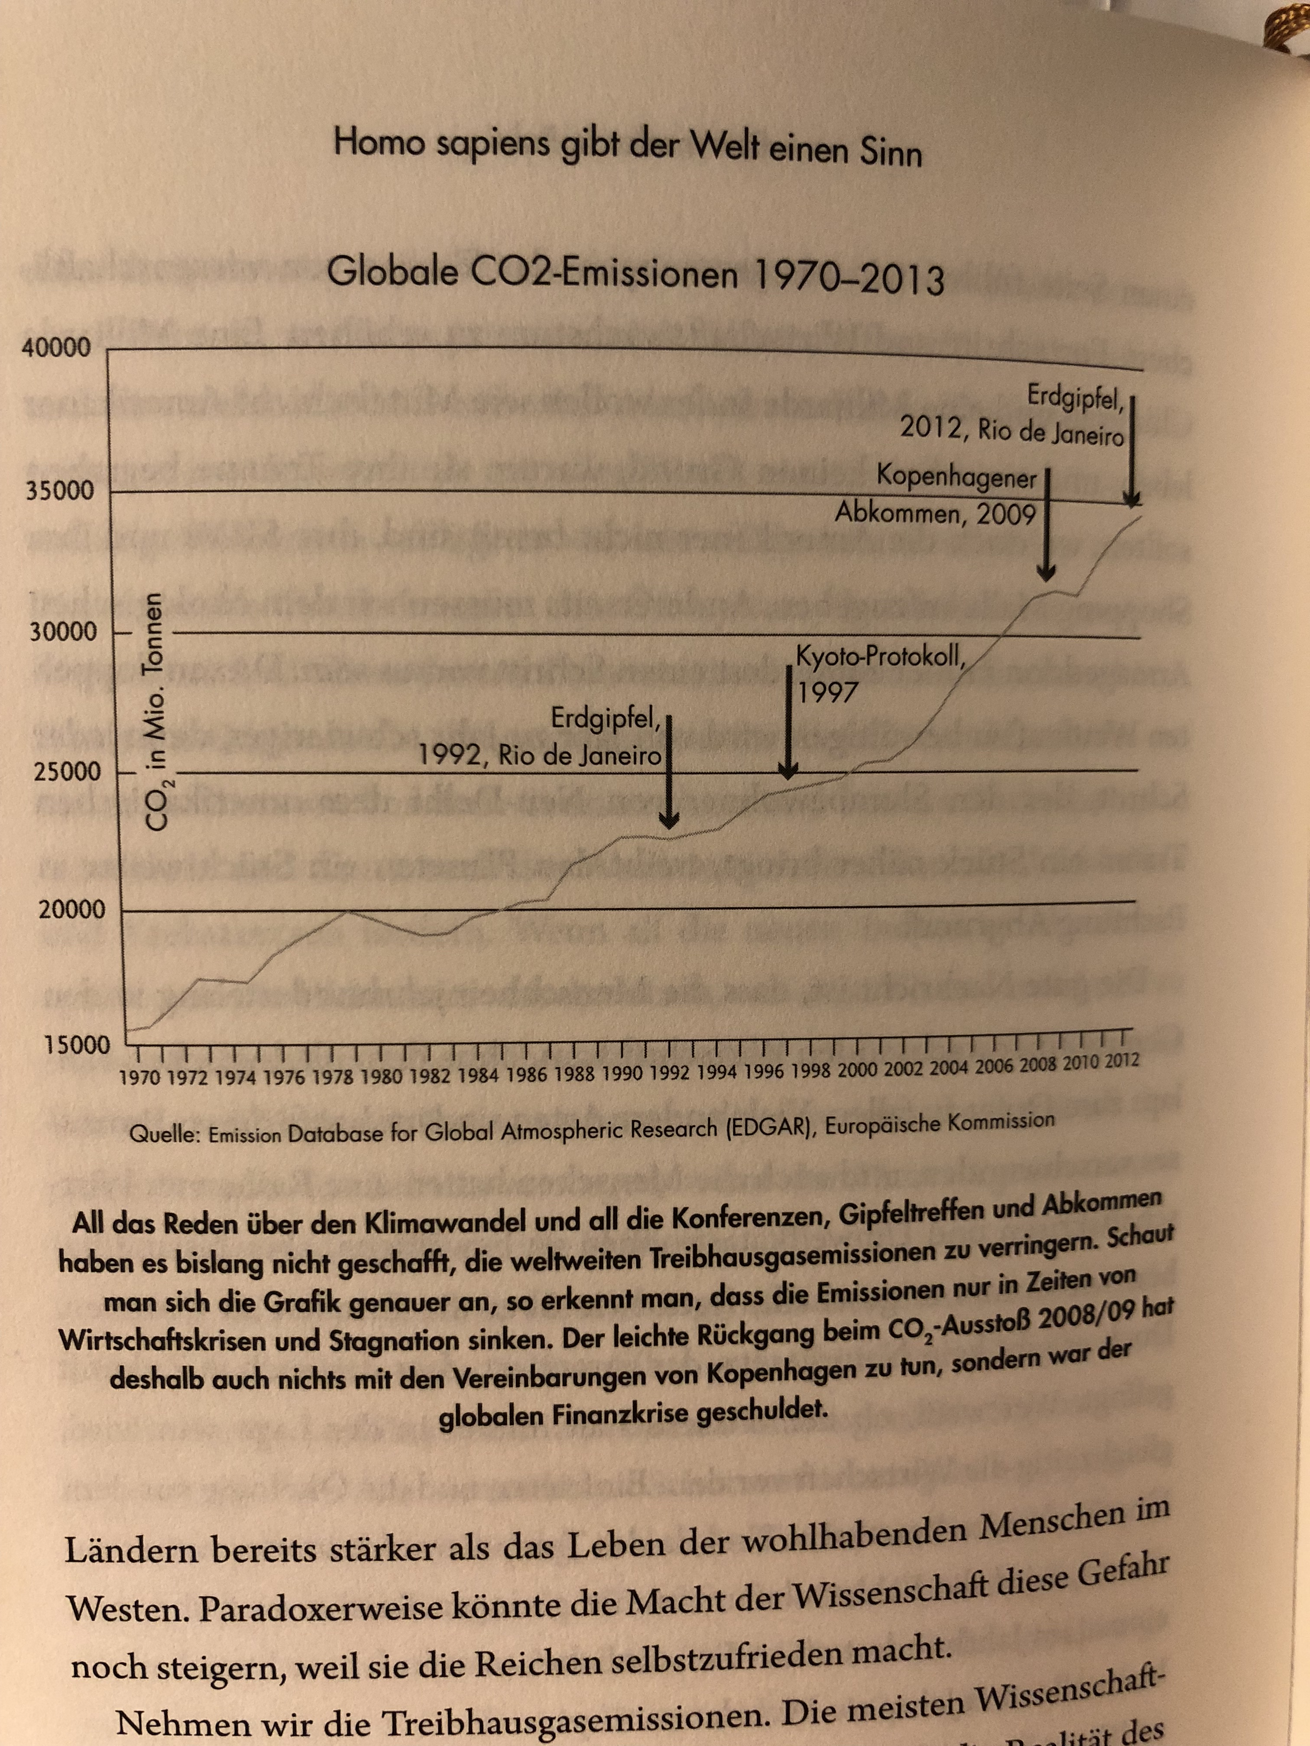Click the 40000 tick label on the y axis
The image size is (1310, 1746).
(x=57, y=348)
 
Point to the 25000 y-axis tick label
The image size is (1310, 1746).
(x=68, y=771)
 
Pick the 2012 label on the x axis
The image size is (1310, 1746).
(x=1121, y=1060)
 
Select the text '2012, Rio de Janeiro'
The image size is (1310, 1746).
(x=1012, y=431)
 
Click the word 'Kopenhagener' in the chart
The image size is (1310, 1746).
(x=956, y=477)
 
